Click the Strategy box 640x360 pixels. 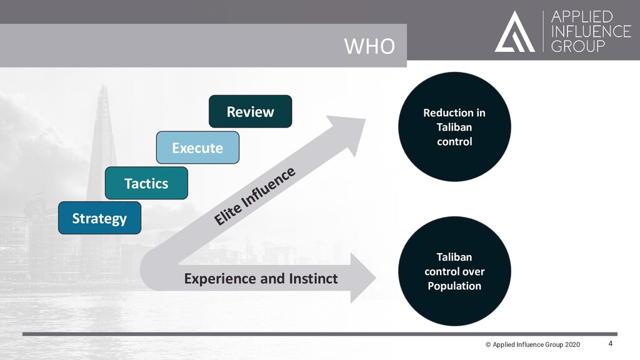pyautogui.click(x=99, y=218)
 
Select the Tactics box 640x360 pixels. pyautogui.click(x=146, y=183)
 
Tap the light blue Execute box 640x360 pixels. pyautogui.click(x=197, y=147)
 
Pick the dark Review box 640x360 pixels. pyautogui.click(x=250, y=111)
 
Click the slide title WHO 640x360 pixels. pyautogui.click(x=369, y=46)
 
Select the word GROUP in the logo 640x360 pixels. pyautogui.click(x=579, y=46)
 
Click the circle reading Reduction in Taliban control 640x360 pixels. pyautogui.click(x=454, y=126)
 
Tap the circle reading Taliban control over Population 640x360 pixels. pyautogui.click(x=454, y=271)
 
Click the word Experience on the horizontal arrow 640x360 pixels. pyautogui.click(x=222, y=279)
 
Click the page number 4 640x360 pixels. pyautogui.click(x=611, y=344)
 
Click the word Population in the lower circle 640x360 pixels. pyautogui.click(x=454, y=286)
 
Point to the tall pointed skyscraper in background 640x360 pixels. pyautogui.click(x=102, y=144)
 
